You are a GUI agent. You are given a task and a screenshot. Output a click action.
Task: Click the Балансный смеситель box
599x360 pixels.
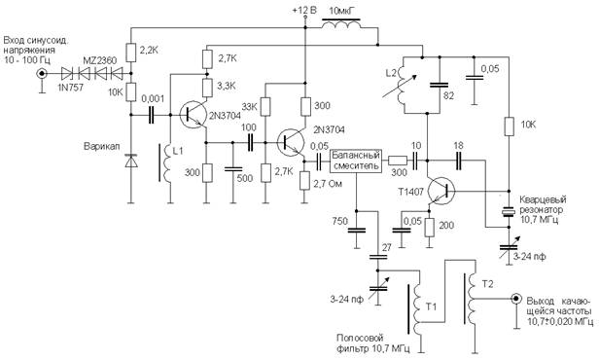356,161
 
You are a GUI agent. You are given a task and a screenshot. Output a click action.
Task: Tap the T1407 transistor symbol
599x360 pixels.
440,191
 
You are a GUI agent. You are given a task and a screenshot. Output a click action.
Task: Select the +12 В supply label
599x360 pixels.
304,11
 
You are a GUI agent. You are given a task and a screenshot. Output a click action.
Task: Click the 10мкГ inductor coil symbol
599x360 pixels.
341,25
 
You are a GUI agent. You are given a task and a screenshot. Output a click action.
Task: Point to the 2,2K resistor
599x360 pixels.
131,54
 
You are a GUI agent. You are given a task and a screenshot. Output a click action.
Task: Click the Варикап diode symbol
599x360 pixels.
131,162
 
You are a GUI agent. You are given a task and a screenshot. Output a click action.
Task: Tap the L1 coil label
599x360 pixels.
178,151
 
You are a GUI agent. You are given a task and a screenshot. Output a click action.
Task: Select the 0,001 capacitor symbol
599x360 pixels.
151,114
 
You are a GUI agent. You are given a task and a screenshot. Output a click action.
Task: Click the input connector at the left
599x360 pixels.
41,74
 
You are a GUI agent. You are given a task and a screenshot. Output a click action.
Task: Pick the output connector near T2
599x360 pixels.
516,299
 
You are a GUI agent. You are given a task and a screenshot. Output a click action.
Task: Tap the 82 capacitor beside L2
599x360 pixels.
440,85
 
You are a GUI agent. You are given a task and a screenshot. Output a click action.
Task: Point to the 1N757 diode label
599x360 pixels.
71,88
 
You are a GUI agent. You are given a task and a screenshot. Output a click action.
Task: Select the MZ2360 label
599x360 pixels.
100,60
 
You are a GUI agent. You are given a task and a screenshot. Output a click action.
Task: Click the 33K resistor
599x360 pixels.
265,107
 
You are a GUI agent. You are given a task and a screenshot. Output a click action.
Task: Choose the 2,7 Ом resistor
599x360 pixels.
304,180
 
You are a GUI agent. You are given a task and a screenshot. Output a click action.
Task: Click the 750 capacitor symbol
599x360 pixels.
357,230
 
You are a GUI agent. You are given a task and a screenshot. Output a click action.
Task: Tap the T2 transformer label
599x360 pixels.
487,284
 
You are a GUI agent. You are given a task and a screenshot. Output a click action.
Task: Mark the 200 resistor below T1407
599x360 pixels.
429,228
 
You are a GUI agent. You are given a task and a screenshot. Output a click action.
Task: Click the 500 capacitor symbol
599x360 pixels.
233,168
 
